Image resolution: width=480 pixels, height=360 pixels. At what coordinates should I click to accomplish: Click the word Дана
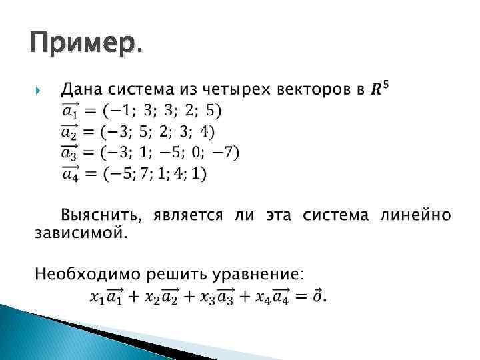point(82,89)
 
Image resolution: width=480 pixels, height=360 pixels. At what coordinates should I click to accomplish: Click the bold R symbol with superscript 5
point(381,87)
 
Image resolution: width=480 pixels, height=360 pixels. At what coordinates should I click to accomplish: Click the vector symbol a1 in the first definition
point(71,110)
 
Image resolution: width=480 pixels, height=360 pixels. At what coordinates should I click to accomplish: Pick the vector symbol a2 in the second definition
point(71,131)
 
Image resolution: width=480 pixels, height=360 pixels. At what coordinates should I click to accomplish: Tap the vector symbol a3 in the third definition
point(71,153)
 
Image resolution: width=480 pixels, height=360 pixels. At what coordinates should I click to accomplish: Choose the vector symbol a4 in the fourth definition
point(71,174)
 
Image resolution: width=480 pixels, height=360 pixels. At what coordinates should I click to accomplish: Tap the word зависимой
point(79,233)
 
